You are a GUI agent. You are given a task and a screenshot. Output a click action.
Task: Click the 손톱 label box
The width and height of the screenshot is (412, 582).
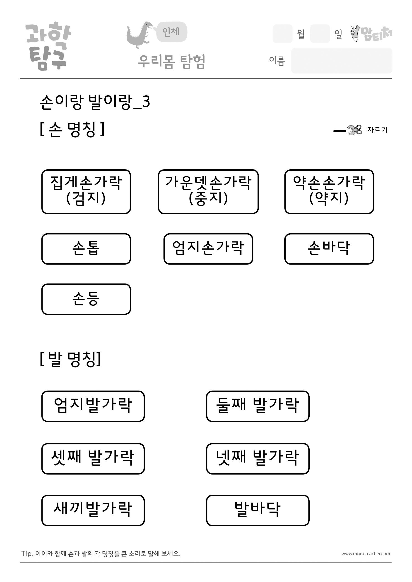click(x=86, y=249)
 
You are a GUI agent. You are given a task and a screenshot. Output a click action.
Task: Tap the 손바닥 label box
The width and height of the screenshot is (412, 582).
click(x=329, y=249)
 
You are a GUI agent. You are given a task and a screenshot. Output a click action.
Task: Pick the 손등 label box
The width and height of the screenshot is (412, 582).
click(x=86, y=299)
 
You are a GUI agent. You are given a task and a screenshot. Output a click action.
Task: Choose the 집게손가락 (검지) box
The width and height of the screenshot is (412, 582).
click(x=86, y=192)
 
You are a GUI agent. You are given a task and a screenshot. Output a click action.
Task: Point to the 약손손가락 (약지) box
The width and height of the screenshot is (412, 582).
click(x=329, y=192)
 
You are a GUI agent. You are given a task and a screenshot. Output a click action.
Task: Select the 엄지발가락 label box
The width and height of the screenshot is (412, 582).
click(x=93, y=406)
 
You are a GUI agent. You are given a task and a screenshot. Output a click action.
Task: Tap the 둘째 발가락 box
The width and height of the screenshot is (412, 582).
click(x=258, y=406)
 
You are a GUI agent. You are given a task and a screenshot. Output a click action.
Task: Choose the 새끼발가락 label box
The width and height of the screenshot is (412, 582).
click(x=93, y=510)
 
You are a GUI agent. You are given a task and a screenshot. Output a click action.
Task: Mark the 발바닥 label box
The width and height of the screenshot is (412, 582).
click(x=258, y=510)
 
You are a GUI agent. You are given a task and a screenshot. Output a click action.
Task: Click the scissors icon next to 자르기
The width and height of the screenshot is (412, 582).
click(x=355, y=130)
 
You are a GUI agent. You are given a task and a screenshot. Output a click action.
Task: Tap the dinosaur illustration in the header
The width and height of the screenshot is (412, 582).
click(x=140, y=35)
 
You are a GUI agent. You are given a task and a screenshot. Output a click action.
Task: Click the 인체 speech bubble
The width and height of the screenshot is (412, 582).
click(x=171, y=32)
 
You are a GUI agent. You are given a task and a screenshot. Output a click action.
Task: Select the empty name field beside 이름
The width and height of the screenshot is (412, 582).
click(x=342, y=61)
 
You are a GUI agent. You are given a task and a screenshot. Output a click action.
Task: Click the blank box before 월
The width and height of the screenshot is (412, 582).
click(x=283, y=34)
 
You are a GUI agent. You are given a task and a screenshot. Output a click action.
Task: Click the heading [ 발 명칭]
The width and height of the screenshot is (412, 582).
click(x=70, y=359)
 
